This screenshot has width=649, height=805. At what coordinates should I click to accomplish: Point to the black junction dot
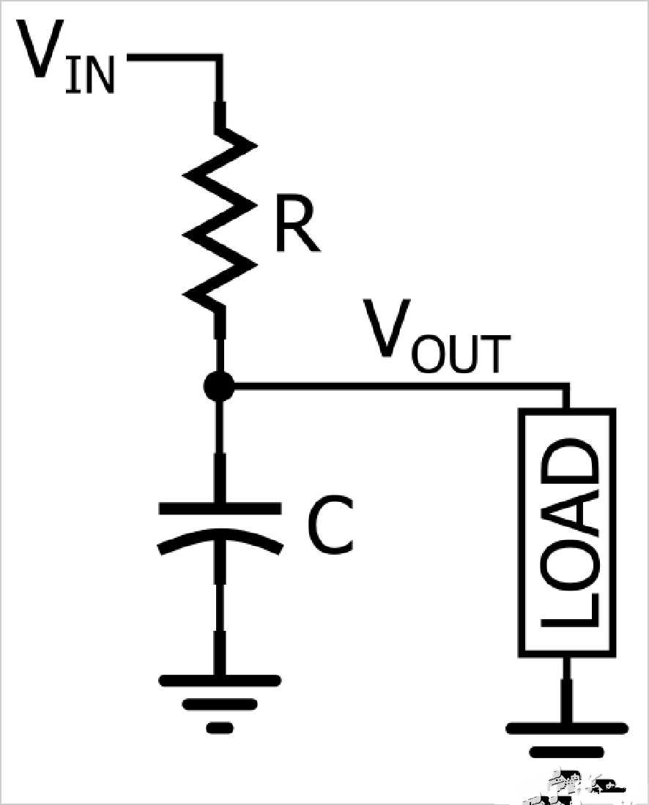(x=219, y=386)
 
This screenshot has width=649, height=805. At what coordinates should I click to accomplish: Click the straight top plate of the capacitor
(x=219, y=506)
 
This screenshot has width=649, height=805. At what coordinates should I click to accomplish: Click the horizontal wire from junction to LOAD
(x=396, y=386)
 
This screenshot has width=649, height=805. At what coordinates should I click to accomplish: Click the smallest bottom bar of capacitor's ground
(x=219, y=727)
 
